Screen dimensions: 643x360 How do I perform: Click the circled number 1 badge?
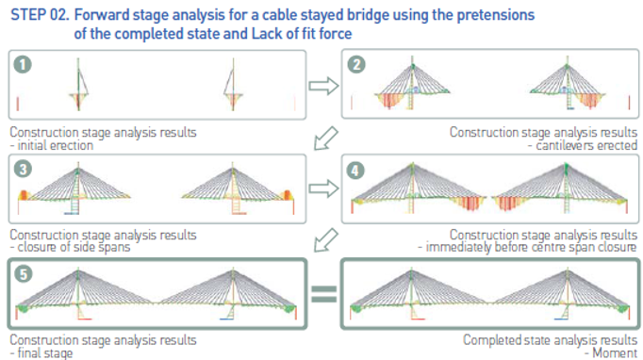click(23, 64)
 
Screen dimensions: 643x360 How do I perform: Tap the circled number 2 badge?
click(356, 64)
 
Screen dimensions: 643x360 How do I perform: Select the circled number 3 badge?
click(23, 169)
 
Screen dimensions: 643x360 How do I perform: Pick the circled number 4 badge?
click(355, 171)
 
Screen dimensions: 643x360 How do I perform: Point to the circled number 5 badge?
click(23, 274)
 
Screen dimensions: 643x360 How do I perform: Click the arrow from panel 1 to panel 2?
click(324, 86)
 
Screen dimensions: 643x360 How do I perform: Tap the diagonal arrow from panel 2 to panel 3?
click(325, 139)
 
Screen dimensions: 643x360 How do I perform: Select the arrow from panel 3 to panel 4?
click(324, 188)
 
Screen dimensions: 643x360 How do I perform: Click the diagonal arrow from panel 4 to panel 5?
click(325, 240)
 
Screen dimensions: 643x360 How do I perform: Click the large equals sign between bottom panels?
click(324, 294)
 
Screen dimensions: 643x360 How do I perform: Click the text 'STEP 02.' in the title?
click(40, 15)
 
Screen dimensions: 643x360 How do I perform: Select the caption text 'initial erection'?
click(55, 145)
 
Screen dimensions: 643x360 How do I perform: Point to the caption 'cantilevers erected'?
click(586, 145)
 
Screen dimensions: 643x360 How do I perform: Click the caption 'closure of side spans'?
click(74, 247)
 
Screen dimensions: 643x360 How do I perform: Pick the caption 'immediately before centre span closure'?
click(531, 247)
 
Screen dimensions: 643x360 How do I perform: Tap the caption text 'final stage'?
click(44, 353)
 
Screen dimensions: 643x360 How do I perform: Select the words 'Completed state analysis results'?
click(550, 340)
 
